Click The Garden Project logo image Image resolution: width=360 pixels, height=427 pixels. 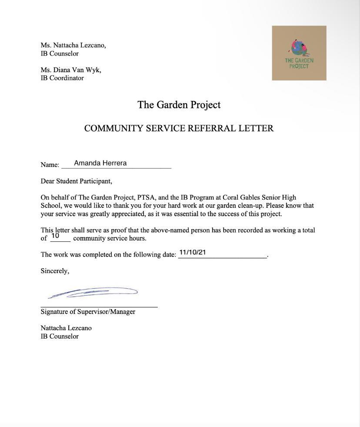[299, 53]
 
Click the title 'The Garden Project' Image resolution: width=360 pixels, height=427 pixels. [179, 105]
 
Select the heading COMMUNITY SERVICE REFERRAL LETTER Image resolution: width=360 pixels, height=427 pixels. [179, 128]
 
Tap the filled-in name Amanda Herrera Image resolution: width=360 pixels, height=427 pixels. [100, 163]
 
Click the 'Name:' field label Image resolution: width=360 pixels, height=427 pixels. [50, 165]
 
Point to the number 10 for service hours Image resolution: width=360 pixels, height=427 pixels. [55, 236]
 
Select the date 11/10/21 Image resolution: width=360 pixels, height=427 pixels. [192, 252]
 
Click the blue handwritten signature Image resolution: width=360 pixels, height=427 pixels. [93, 293]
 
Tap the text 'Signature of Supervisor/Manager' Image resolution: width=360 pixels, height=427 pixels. [88, 312]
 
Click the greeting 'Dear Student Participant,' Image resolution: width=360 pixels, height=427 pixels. [77, 181]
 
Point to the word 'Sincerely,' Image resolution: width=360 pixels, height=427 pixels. [55, 271]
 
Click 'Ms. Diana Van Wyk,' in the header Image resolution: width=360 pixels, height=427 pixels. [71, 70]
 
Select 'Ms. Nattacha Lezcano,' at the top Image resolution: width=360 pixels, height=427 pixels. [73, 45]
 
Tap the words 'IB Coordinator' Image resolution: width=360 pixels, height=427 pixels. [62, 78]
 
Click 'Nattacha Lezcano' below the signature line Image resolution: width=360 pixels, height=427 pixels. [66, 328]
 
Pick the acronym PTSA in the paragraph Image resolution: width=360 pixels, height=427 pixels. [146, 197]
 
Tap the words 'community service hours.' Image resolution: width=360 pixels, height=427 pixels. [110, 238]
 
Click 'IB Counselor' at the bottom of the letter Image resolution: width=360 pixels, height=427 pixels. [60, 336]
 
